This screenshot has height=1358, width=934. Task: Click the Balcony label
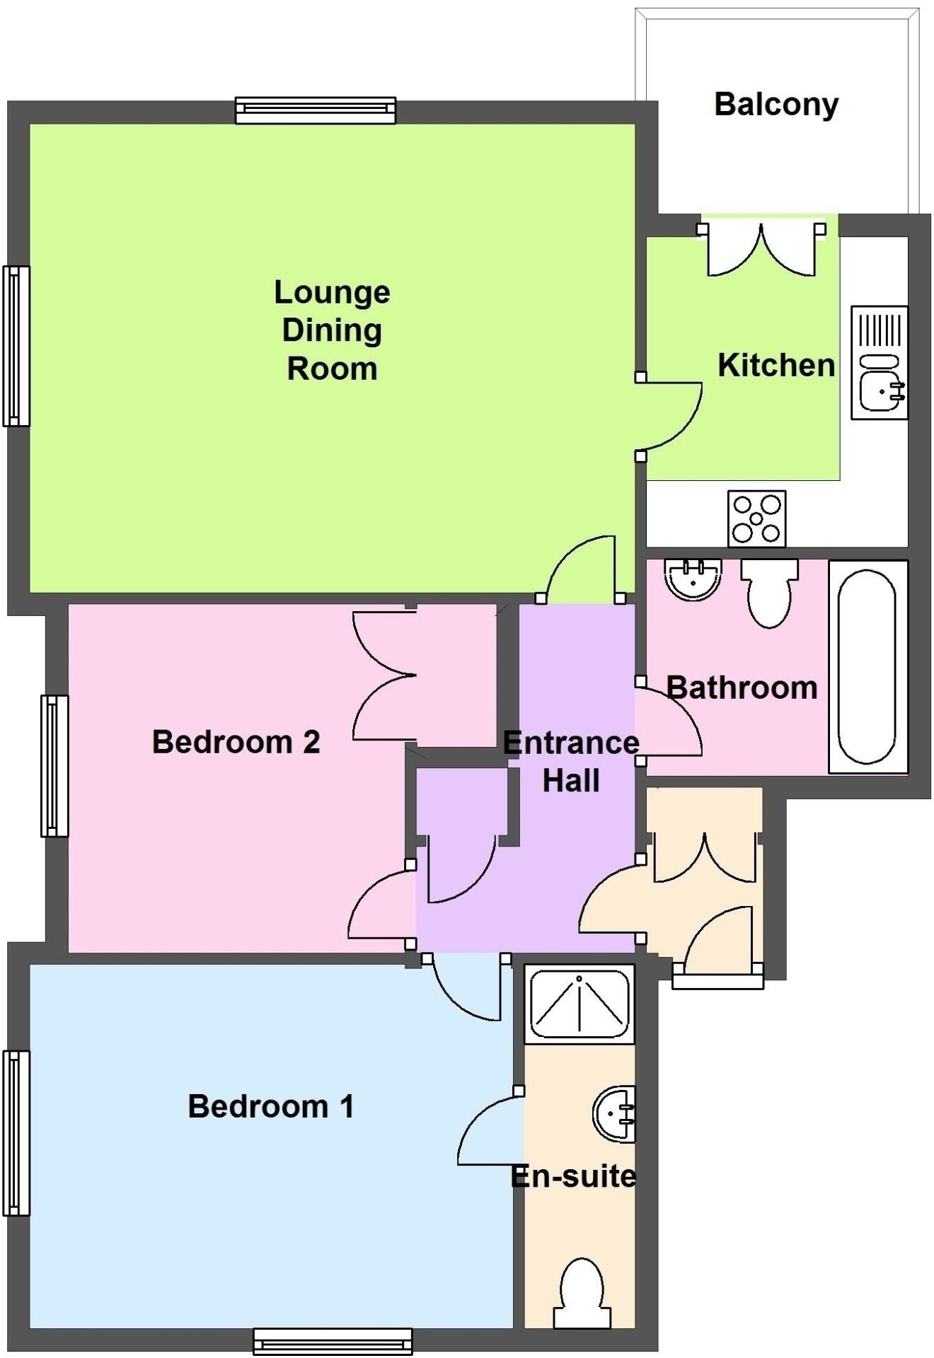776,105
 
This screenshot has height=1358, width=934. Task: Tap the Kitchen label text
776,366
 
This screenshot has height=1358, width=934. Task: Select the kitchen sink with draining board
879,363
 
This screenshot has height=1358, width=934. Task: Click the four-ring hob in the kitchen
756,519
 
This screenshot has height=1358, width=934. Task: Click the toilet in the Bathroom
769,593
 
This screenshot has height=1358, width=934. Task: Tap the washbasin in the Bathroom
693,579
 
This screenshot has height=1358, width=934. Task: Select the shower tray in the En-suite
580,1004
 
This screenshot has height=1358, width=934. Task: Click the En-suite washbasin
615,1115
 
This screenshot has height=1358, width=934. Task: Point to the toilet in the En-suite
582,1294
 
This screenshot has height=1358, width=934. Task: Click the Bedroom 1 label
270,1107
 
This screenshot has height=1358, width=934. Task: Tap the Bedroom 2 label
236,742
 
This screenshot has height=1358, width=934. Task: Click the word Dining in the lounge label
332,330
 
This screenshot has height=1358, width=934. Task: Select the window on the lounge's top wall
315,110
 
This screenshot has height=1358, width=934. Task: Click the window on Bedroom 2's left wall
54,766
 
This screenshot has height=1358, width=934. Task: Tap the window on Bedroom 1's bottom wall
333,1341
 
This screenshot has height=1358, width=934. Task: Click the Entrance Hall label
571,762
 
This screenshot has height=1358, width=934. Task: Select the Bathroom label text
742,687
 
